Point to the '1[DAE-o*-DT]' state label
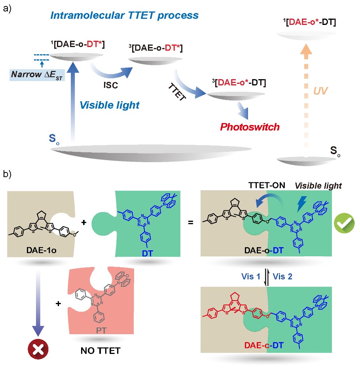point(309,23)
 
